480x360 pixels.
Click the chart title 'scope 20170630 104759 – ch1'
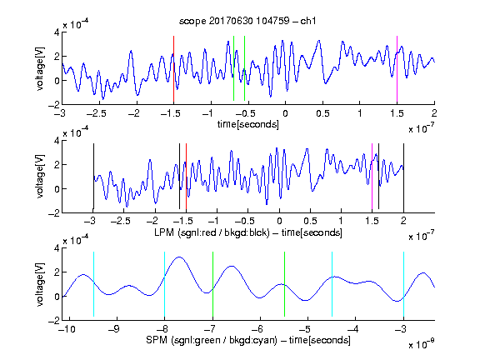point(247,21)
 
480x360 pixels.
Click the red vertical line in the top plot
point(173,69)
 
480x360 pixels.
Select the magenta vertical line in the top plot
point(397,69)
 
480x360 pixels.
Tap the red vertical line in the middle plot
point(186,177)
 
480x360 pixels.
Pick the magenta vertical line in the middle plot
point(372,177)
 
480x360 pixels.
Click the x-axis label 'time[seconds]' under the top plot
point(248,124)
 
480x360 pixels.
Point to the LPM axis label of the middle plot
point(248,232)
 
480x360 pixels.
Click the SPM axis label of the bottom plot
point(248,340)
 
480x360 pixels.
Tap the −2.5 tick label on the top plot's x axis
point(96,113)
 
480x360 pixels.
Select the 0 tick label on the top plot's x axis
point(285,113)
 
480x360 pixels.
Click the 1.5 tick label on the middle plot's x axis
point(372,221)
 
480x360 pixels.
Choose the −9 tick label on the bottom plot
point(114,329)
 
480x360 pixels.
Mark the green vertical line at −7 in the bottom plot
point(212,284)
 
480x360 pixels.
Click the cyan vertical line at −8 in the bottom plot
point(165,284)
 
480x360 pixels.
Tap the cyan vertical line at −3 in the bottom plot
point(404,284)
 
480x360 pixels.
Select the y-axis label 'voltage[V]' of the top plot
point(40,68)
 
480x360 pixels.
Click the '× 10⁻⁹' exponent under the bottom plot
point(422,344)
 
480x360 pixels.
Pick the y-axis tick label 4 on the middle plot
point(57,141)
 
